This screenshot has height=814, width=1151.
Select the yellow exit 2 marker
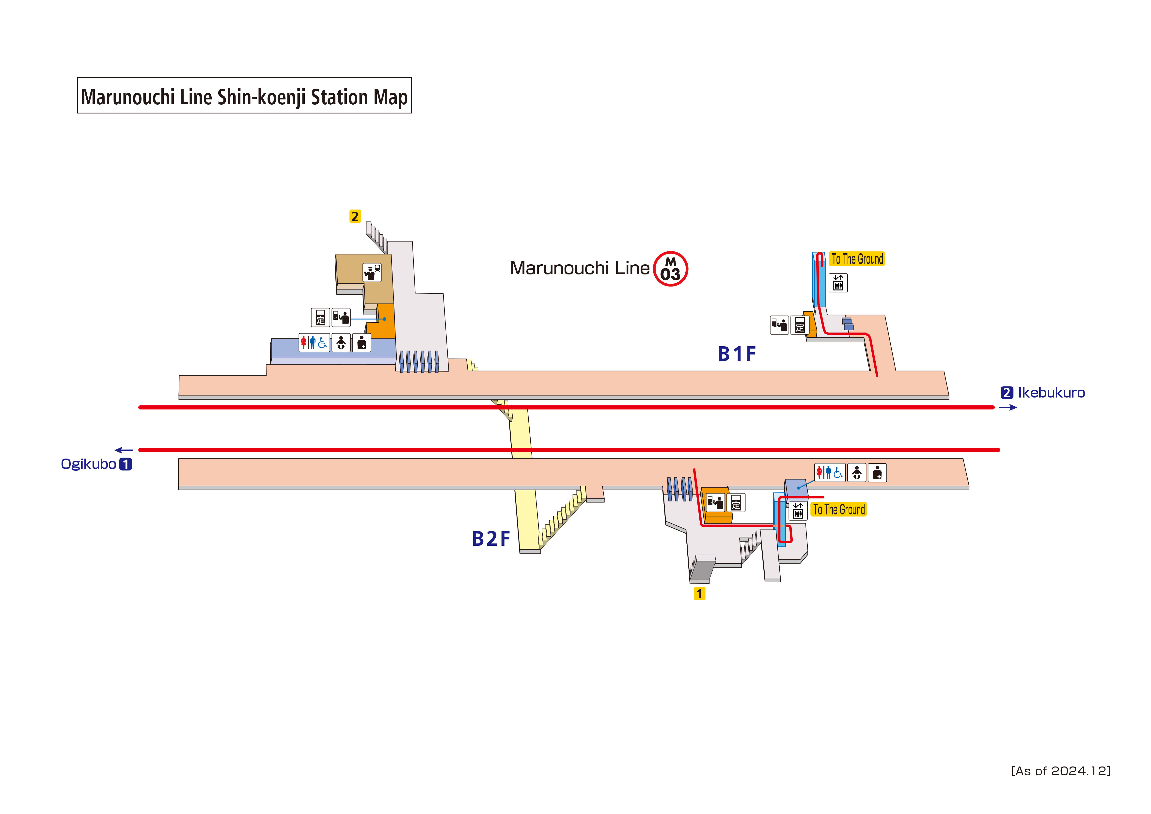tap(355, 216)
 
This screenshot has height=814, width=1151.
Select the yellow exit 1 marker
tap(699, 594)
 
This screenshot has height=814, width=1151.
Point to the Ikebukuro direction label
tap(1051, 393)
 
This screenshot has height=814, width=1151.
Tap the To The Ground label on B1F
tap(857, 259)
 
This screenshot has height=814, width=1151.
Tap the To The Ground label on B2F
tap(839, 510)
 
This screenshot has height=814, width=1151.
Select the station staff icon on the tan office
tap(371, 272)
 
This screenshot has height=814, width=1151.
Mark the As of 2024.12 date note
tap(1060, 771)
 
